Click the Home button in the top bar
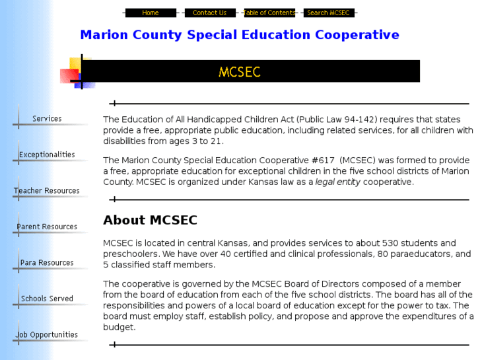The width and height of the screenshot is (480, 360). click(151, 13)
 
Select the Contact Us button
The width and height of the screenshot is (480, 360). click(209, 13)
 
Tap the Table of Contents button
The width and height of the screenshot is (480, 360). click(269, 13)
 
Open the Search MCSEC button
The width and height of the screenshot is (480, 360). click(328, 13)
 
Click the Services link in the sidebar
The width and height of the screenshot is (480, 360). click(47, 119)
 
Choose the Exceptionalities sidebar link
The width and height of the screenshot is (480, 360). click(47, 155)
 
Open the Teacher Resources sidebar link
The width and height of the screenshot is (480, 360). click(47, 191)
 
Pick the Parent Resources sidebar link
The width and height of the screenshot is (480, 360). click(47, 227)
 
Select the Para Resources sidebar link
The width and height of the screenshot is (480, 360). click(47, 263)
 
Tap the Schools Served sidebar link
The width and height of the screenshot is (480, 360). click(47, 299)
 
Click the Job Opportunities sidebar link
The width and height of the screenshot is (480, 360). click(47, 335)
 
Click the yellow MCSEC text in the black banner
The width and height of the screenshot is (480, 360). click(240, 71)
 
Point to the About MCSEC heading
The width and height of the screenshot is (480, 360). click(150, 221)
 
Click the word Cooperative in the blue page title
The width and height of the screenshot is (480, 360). click(357, 35)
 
